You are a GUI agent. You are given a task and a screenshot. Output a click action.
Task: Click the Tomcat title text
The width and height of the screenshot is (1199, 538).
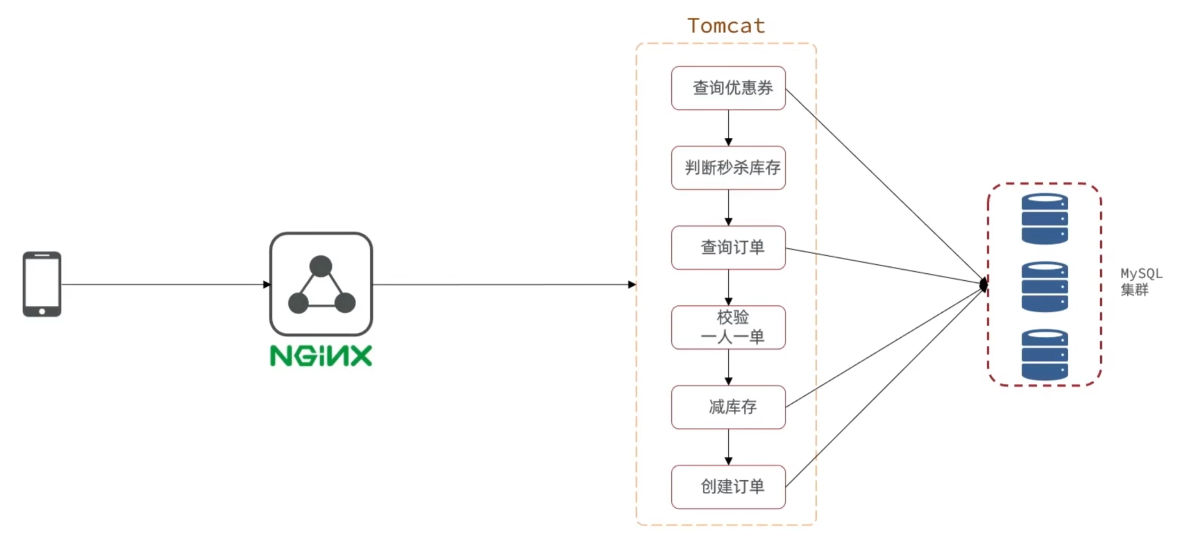click(x=726, y=26)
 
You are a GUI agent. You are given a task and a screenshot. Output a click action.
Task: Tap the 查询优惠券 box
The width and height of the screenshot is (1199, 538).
click(x=728, y=88)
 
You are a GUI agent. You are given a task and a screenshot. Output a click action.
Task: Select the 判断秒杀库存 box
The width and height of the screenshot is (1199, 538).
click(x=728, y=168)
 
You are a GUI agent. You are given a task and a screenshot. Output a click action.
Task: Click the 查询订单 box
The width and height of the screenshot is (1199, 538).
click(x=728, y=248)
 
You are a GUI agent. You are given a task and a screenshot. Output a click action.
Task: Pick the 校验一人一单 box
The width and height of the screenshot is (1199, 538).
click(x=728, y=327)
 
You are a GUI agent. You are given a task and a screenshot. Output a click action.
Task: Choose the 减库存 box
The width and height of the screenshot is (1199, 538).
click(x=728, y=407)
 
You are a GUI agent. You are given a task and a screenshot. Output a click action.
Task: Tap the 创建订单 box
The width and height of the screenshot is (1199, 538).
click(x=728, y=487)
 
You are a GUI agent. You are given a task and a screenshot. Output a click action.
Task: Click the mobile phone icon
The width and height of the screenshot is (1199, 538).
click(x=42, y=284)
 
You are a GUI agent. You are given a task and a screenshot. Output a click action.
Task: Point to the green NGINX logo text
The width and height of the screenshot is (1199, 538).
click(x=321, y=356)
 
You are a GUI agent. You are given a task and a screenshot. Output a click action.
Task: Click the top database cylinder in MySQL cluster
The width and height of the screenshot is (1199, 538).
click(x=1044, y=219)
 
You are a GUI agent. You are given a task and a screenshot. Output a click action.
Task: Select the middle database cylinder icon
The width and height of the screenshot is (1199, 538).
click(x=1044, y=286)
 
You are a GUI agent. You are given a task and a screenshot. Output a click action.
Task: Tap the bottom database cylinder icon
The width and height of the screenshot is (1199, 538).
click(x=1044, y=354)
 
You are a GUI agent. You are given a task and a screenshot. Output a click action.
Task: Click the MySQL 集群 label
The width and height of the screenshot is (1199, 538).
click(x=1140, y=282)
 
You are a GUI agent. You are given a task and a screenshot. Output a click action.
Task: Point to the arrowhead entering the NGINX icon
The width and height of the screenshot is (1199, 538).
click(x=267, y=284)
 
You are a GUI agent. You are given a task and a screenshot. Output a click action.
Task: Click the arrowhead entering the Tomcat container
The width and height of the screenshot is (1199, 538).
click(x=632, y=284)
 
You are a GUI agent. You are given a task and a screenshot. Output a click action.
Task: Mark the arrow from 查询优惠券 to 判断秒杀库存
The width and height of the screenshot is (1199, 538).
click(x=728, y=129)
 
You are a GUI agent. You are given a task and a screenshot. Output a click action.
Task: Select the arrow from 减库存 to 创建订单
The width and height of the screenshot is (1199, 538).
click(x=728, y=447)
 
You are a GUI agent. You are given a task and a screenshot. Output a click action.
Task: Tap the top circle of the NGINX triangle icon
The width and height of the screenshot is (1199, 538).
click(x=321, y=266)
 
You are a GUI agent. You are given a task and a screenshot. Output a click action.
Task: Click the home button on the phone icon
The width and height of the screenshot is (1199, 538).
click(x=42, y=311)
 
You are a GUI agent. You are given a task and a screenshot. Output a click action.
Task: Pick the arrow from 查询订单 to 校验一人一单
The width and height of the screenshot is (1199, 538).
click(x=728, y=288)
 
